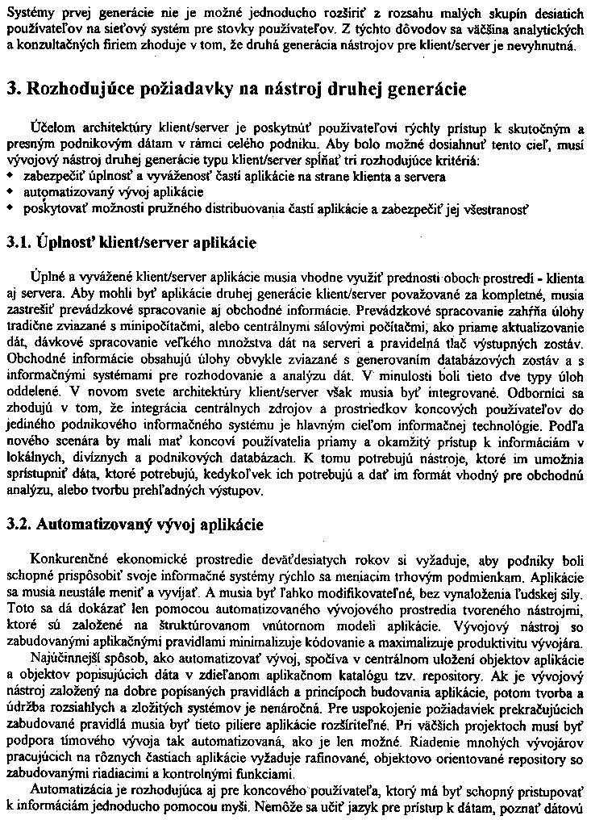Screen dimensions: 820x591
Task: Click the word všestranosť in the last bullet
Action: coord(494,210)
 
